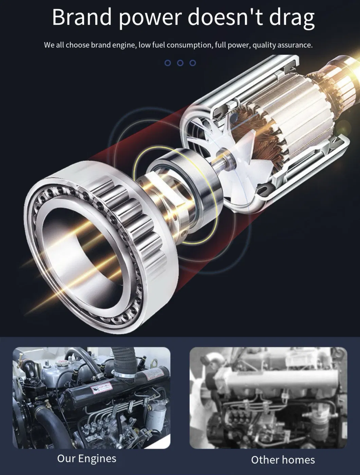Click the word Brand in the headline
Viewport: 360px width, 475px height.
pos(82,17)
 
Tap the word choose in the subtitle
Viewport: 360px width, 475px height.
pos(77,45)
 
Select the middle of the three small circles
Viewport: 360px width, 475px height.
pos(180,63)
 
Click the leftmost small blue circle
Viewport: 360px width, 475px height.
pos(168,63)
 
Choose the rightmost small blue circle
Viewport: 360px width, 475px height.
pos(193,63)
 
